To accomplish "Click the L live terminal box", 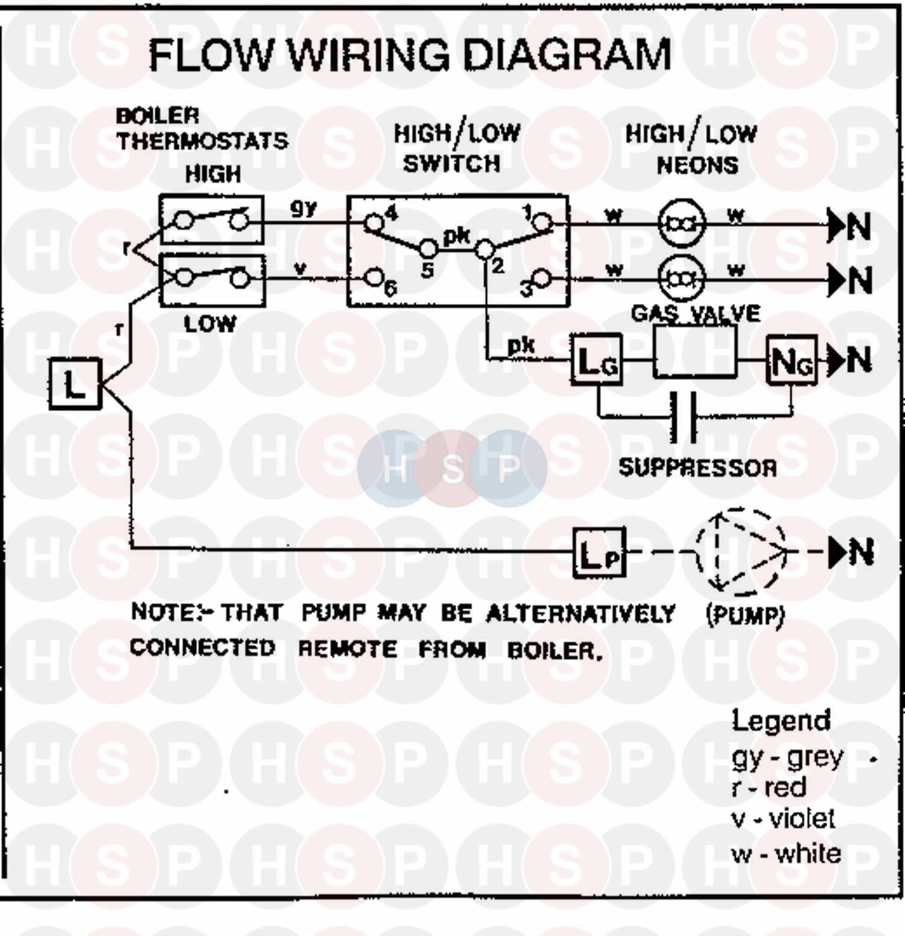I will tap(75, 384).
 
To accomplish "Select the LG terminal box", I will tap(597, 361).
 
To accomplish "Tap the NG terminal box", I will tap(791, 361).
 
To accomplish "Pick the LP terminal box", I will tap(599, 552).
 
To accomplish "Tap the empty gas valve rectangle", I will tap(695, 352).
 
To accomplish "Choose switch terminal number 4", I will tap(374, 223).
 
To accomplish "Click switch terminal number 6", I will tap(375, 278).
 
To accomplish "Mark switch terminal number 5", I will tap(429, 248).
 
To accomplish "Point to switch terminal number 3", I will tap(542, 279).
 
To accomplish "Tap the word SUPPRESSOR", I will tap(697, 468).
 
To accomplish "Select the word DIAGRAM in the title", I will tap(567, 55).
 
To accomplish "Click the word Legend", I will tap(781, 721).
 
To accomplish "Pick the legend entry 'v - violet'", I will tap(783, 819).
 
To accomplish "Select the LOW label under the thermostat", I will tap(210, 324).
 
